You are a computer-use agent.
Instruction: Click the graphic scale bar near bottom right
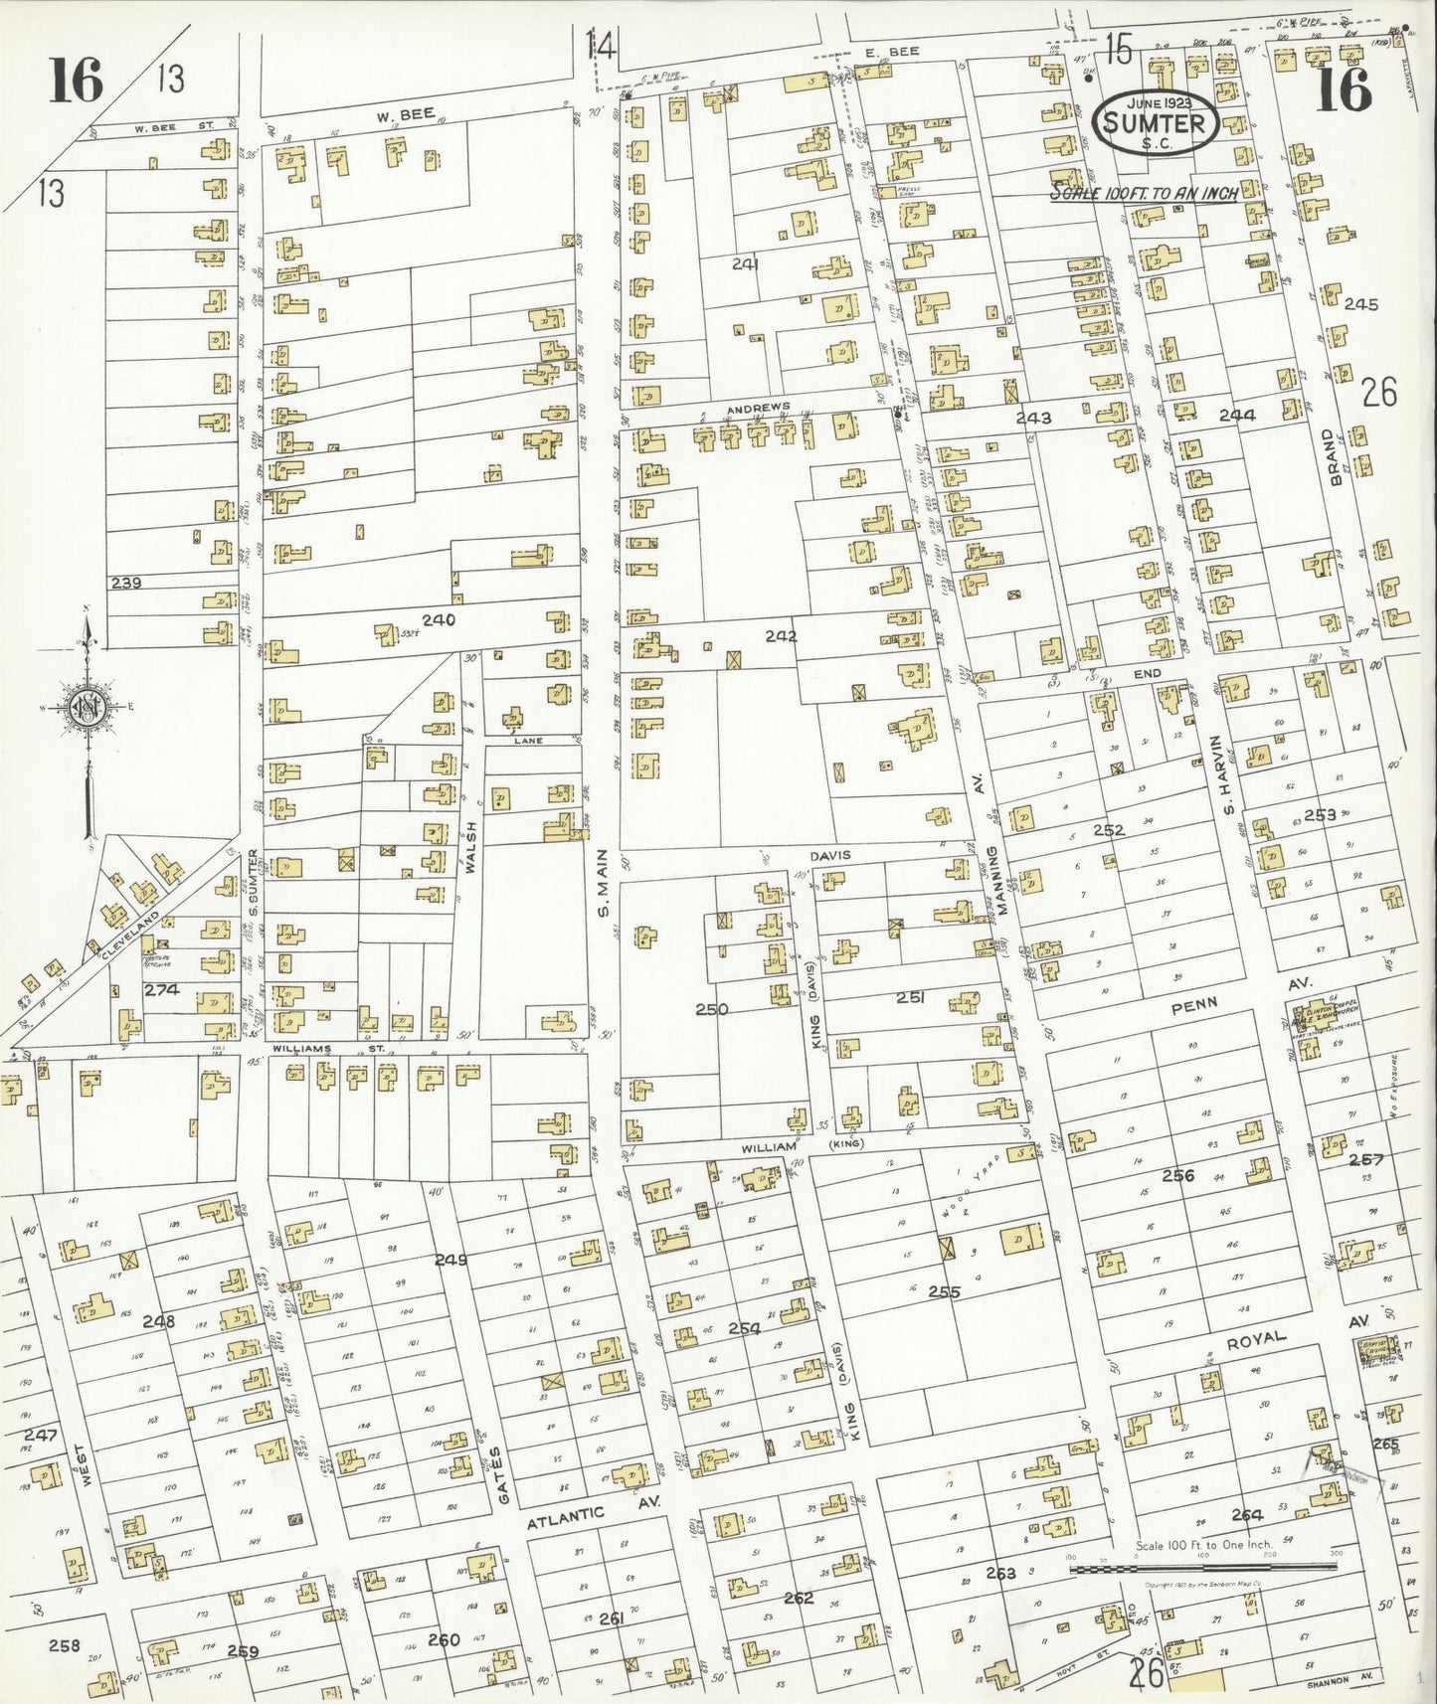[1202, 1570]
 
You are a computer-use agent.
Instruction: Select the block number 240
[438, 620]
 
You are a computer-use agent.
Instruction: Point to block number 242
[781, 635]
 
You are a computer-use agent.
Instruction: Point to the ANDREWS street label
[758, 408]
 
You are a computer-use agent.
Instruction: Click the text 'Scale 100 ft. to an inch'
[1144, 193]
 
